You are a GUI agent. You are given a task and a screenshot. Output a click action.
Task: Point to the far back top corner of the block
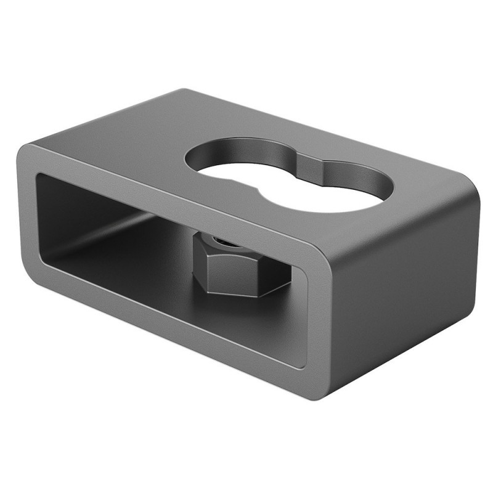point(185,91)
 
